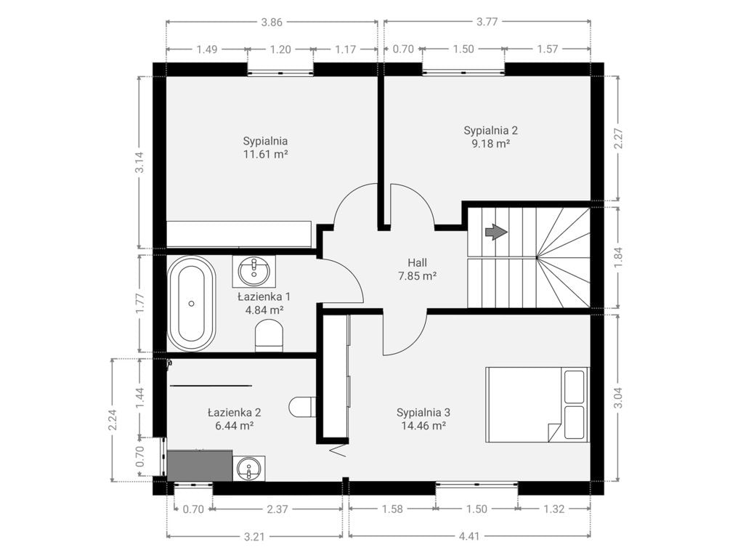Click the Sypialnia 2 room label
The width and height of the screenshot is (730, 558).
[491, 130]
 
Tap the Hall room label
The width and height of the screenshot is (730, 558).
[417, 263]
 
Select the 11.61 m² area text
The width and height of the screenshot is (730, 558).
[265, 154]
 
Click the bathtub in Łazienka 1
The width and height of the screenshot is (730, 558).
[191, 303]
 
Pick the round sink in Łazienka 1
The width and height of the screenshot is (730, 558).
[254, 270]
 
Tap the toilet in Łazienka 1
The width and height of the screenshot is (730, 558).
[269, 334]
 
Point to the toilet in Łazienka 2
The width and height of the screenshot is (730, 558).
[302, 407]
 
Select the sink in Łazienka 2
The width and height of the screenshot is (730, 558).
[250, 468]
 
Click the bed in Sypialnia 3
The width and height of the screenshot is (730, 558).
[538, 404]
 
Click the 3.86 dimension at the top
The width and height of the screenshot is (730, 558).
[272, 22]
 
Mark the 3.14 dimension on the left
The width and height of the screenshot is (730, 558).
[139, 163]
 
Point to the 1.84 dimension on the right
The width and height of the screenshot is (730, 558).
[618, 257]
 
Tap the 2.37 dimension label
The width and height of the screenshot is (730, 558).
[277, 509]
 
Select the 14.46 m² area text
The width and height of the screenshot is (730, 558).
[423, 425]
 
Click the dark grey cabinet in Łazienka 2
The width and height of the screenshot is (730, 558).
[200, 465]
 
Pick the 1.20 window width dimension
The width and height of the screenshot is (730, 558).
[280, 49]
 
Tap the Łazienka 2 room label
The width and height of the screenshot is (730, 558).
[234, 412]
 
